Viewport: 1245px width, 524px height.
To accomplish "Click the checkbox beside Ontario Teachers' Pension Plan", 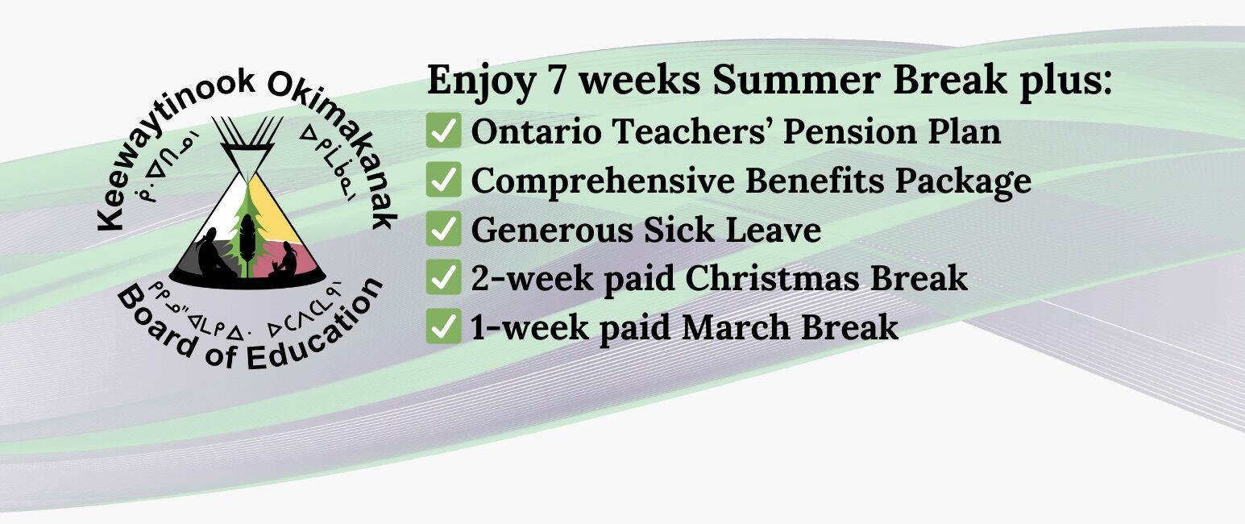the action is (443, 130).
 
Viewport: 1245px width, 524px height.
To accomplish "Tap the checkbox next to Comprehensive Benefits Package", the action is (443, 179).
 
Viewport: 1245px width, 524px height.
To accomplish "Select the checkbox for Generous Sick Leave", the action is (443, 228).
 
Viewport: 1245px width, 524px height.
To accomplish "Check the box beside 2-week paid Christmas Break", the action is (443, 277).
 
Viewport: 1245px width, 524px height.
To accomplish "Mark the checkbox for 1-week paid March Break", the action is (443, 326).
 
